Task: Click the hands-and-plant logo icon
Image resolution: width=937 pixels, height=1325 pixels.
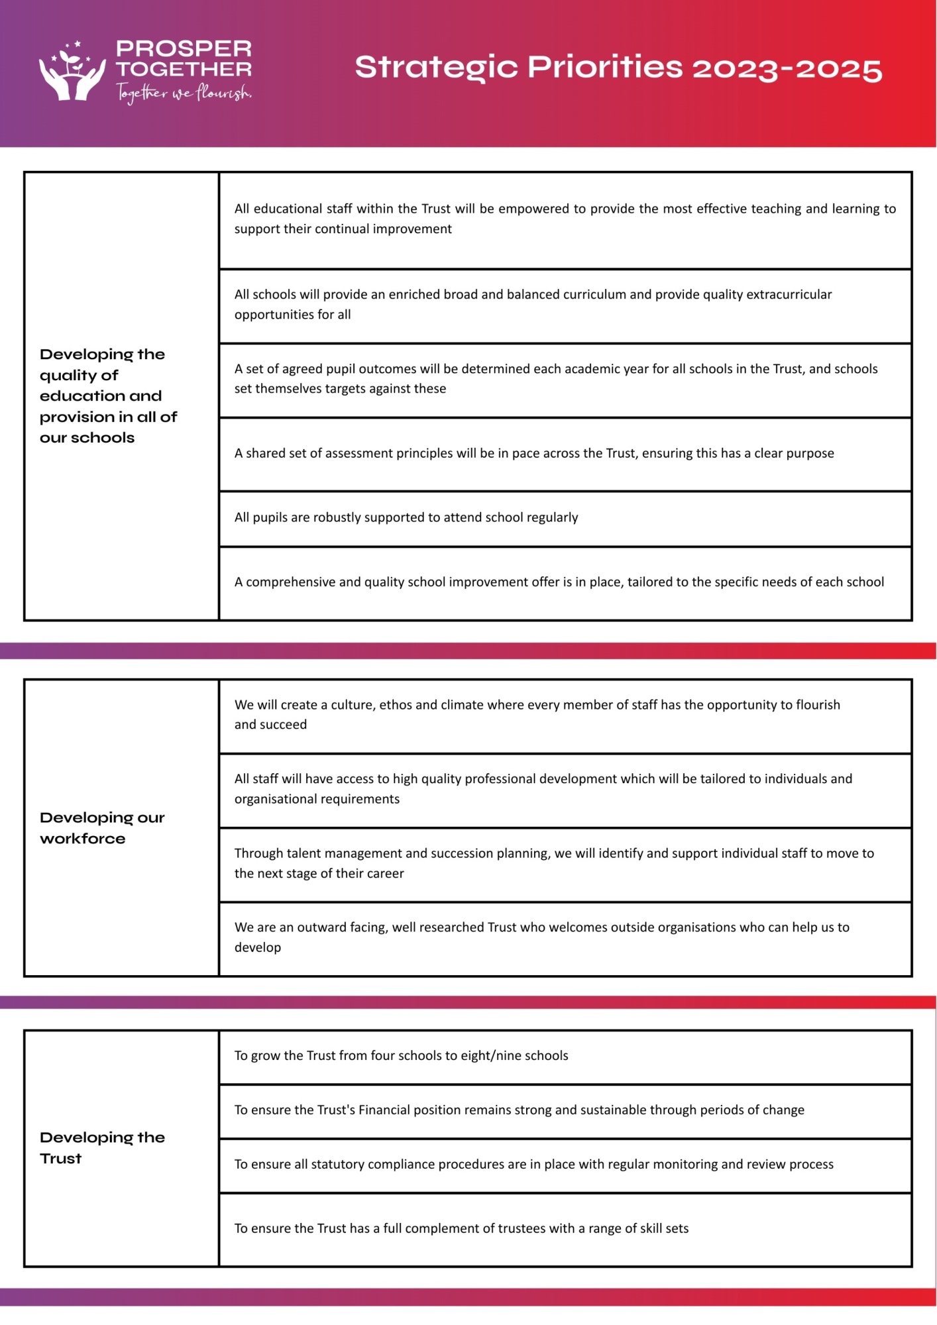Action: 72,72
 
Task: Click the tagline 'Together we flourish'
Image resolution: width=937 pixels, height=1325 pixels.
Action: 184,93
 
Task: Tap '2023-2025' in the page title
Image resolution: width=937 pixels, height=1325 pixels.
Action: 787,68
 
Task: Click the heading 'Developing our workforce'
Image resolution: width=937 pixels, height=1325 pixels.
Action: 102,827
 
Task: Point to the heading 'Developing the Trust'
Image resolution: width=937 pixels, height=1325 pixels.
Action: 102,1147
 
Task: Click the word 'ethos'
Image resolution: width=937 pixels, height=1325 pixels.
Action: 396,705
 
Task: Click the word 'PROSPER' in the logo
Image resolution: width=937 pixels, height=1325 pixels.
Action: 184,48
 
